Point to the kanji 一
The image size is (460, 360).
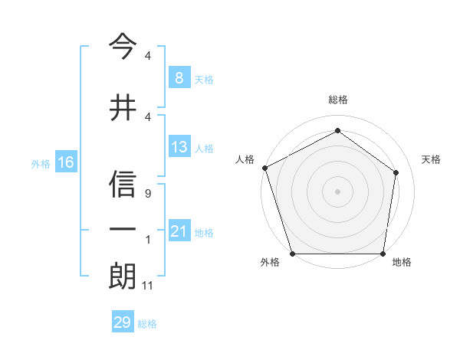pyautogui.click(x=123, y=229)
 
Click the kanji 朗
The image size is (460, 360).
pyautogui.click(x=123, y=275)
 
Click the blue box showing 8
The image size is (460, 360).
pyautogui.click(x=179, y=77)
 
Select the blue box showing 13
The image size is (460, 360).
pyautogui.click(x=179, y=147)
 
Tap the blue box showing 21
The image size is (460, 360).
pyautogui.click(x=179, y=231)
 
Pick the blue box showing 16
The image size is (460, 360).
pyautogui.click(x=65, y=162)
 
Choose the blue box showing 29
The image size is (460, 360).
pyautogui.click(x=122, y=322)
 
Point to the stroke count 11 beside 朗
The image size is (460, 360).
pyautogui.click(x=149, y=286)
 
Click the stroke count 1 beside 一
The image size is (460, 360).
pyautogui.click(x=147, y=241)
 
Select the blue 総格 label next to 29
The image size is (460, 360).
pyautogui.click(x=147, y=324)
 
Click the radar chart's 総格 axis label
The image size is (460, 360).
pyautogui.click(x=337, y=100)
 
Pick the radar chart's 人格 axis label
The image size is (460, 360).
pyautogui.click(x=245, y=159)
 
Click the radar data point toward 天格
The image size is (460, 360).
pyautogui.click(x=396, y=172)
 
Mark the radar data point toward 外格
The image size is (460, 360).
pyautogui.click(x=292, y=254)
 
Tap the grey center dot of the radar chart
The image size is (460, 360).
pyautogui.click(x=337, y=191)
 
